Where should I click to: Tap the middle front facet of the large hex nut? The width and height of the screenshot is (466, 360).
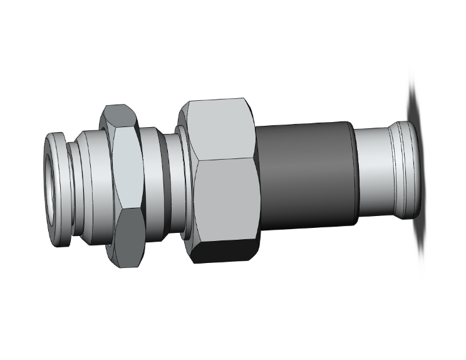click(227, 200)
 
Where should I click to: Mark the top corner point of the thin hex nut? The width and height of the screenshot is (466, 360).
click(118, 104)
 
